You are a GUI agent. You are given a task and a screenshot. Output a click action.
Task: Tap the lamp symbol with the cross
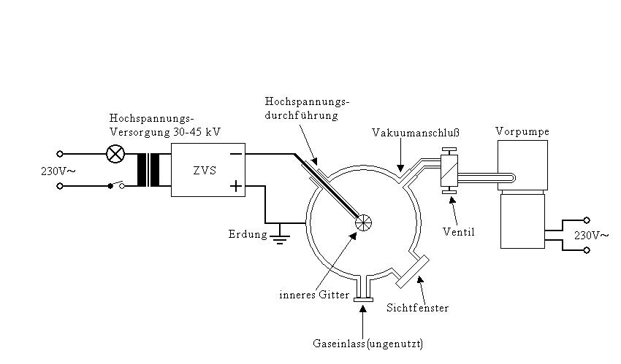(115, 154)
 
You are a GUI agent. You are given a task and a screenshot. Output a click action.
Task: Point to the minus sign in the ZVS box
(236, 155)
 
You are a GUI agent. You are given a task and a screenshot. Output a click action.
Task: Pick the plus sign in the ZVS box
(236, 186)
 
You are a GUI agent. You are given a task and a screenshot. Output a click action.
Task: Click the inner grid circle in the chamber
(364, 222)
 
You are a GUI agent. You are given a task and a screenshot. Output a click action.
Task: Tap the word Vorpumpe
(522, 131)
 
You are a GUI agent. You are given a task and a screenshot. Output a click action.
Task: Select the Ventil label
(459, 232)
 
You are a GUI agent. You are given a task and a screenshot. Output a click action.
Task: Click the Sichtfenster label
(417, 308)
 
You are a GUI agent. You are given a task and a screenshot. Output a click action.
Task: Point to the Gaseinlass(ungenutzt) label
(367, 344)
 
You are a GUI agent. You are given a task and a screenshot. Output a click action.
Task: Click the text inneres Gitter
(314, 295)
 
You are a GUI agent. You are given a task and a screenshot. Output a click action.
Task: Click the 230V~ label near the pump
(590, 235)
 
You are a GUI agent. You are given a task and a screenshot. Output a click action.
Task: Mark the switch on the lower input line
(115, 185)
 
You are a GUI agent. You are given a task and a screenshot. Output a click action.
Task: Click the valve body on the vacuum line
(449, 171)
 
